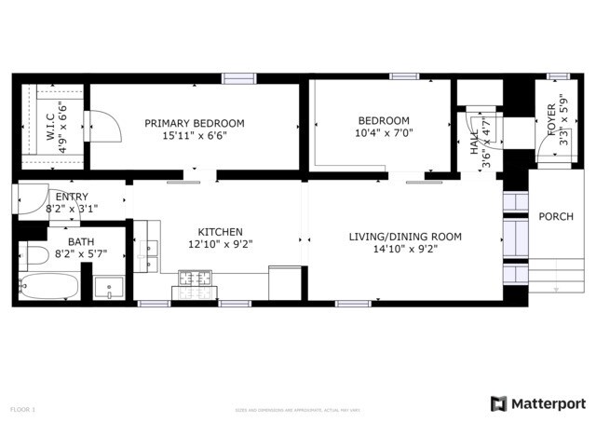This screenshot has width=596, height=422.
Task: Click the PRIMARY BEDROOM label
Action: (x=194, y=123)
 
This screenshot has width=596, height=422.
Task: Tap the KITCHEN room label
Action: (x=220, y=232)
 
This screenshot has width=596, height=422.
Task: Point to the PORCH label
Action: (x=556, y=217)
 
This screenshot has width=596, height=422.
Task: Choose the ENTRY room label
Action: (x=72, y=197)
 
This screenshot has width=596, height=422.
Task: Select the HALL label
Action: (x=475, y=140)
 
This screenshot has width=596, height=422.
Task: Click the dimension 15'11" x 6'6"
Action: (x=194, y=136)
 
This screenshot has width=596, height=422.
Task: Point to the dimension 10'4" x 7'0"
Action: (x=384, y=133)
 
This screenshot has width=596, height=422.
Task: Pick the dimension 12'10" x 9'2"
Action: (x=220, y=245)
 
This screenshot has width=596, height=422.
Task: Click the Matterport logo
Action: (x=538, y=403)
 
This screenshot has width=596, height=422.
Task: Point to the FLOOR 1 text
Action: (x=22, y=409)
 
